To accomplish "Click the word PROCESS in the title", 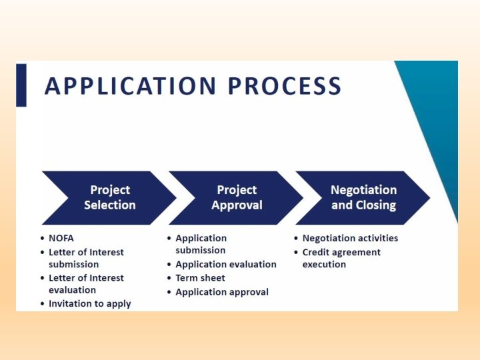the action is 285,87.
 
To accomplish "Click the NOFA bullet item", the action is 62,238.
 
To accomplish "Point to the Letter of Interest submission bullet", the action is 85,258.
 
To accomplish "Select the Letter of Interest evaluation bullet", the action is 85,284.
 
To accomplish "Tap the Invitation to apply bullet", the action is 89,304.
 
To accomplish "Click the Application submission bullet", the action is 201,244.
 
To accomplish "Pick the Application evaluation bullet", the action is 225,265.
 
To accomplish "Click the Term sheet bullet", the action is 200,278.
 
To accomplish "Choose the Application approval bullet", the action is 221,292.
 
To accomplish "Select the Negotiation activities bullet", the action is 349,238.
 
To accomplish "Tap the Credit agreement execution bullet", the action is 341,258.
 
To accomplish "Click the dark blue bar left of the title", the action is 21,85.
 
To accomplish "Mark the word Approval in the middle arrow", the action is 237,205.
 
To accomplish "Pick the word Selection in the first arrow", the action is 110,205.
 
